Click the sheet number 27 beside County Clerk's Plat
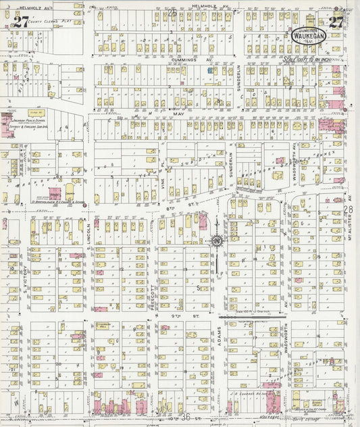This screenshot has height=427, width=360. (x=21, y=21)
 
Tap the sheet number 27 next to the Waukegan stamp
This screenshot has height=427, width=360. (x=336, y=21)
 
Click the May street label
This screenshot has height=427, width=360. (x=180, y=114)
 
